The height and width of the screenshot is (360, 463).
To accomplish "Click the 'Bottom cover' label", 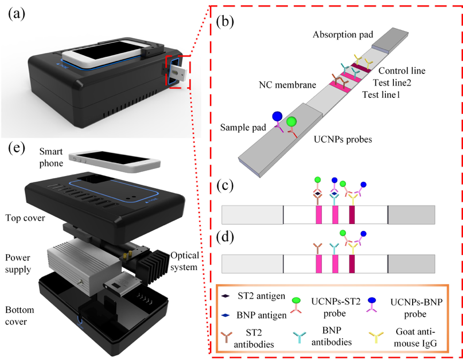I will (x=21, y=315).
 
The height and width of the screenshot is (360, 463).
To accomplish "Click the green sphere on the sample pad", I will (x=291, y=122).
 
